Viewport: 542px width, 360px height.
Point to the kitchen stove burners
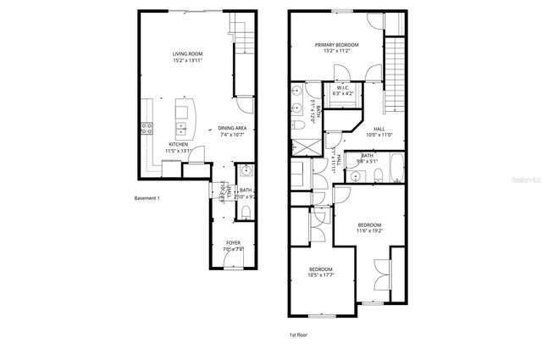pos(146,130)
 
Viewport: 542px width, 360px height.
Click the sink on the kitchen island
pos(181,129)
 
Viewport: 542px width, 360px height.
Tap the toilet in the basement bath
pos(245,209)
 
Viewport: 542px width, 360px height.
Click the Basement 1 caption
pos(147,198)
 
